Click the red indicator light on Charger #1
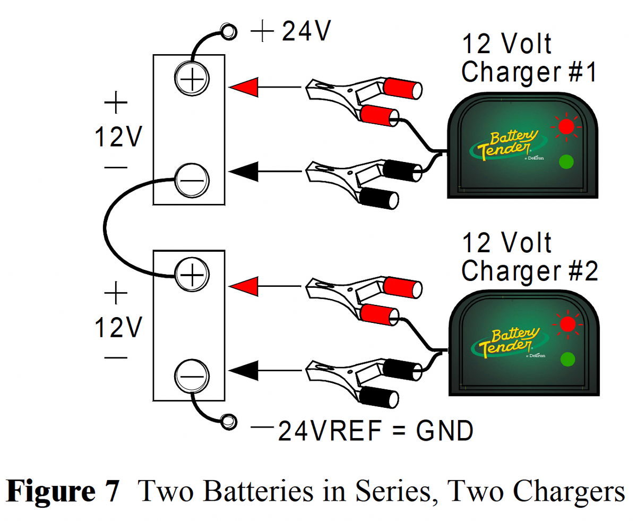coord(566,126)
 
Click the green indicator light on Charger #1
coord(566,161)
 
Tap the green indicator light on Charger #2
coord(567,359)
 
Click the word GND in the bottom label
coord(444,431)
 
